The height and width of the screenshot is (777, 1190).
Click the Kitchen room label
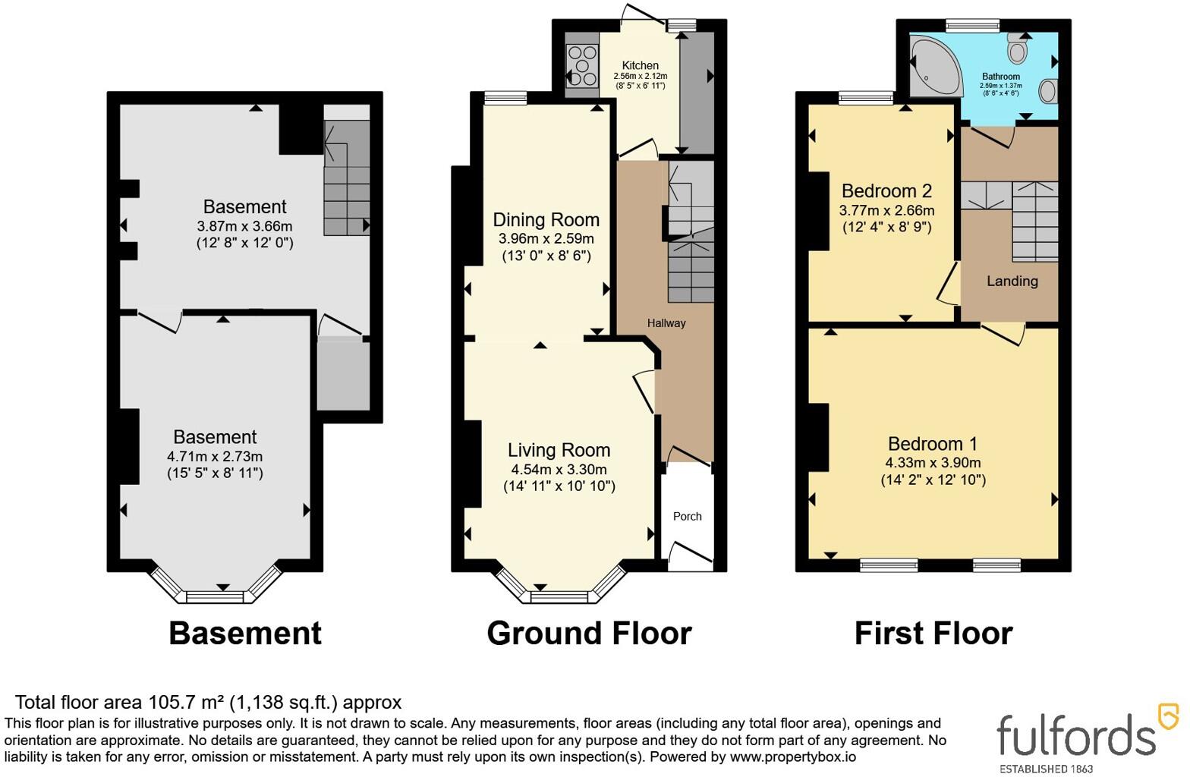(x=641, y=65)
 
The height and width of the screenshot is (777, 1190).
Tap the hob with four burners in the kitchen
(x=581, y=66)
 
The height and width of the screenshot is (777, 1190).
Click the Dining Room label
(x=546, y=220)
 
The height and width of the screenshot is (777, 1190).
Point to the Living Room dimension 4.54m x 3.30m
(x=559, y=470)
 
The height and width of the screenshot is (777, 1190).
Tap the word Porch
(x=688, y=516)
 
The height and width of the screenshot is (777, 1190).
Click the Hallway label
(x=666, y=323)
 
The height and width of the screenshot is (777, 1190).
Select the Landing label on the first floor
(x=1012, y=281)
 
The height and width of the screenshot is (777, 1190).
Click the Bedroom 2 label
(x=887, y=190)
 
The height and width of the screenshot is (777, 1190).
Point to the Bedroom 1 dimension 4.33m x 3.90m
(x=933, y=463)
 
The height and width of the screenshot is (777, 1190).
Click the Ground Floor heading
(x=589, y=633)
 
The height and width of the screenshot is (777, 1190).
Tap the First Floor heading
(x=933, y=633)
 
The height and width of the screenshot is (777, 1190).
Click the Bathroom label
(x=1001, y=77)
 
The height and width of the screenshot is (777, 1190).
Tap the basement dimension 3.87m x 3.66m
(x=244, y=226)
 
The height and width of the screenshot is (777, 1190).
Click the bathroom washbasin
(x=1048, y=91)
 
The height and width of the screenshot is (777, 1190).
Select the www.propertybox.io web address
(x=793, y=757)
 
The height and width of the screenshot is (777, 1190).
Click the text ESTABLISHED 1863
(x=1046, y=769)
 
